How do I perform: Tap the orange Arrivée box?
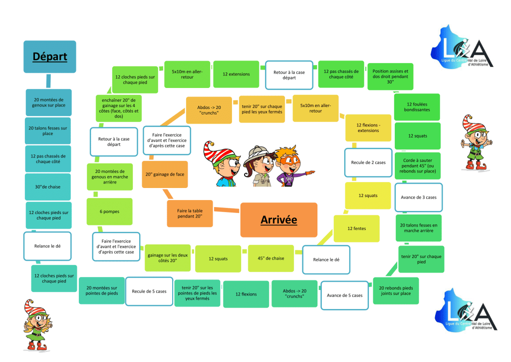278,219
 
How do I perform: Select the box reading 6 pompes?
109,211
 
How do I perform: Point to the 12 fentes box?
356,228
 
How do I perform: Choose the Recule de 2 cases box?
368,162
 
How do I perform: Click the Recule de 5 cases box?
149,291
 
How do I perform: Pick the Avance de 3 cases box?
418,197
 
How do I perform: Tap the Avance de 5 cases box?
344,295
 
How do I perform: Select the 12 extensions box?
236,74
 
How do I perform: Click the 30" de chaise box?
48,186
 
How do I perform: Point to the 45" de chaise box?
271,258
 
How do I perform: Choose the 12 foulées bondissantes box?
418,106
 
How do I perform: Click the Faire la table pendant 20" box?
190,213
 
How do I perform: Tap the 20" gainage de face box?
165,174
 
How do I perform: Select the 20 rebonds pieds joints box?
396,290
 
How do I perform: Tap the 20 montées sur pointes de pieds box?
102,290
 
